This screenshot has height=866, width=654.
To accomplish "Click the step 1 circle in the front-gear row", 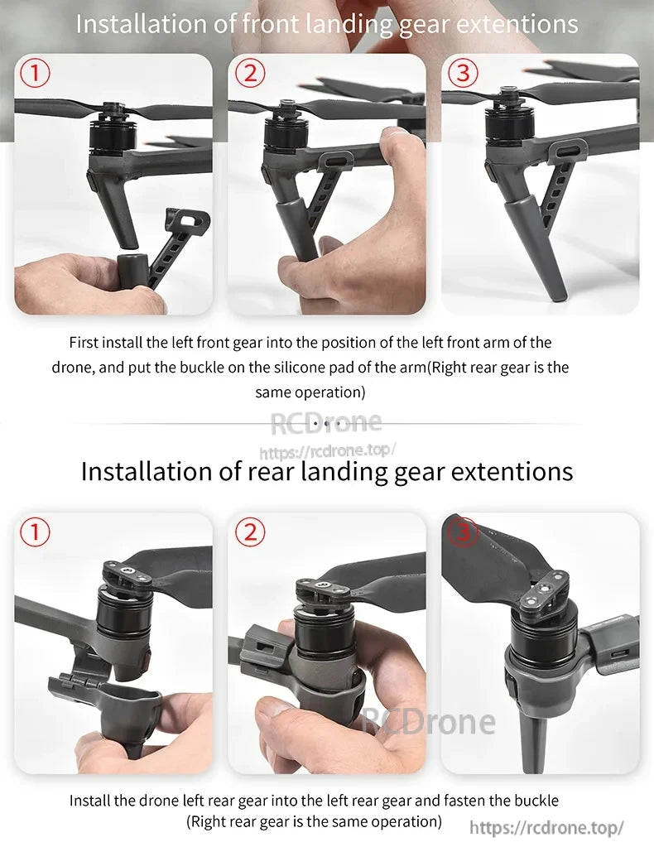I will tap(34, 74).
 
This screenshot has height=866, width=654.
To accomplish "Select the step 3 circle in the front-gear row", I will tap(463, 74).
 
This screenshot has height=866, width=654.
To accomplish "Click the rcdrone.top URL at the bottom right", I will tap(546, 828).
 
